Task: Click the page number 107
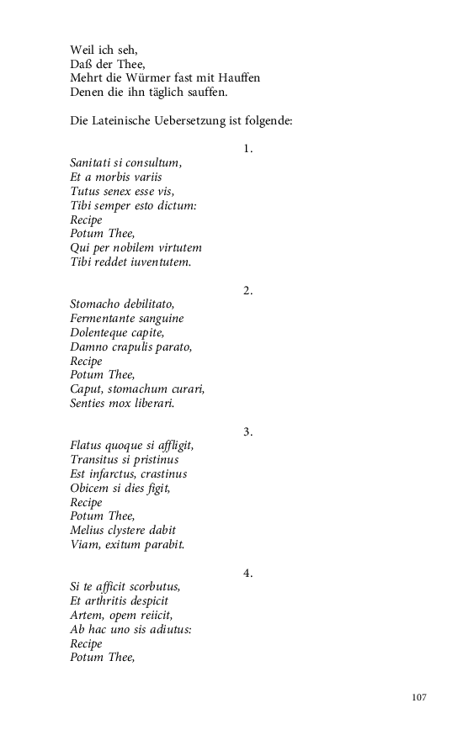tap(419, 697)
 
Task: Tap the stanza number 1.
tap(247, 149)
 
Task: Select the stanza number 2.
tap(247, 290)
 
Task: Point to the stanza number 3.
tap(247, 431)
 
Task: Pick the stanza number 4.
tap(247, 573)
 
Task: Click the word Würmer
tap(152, 77)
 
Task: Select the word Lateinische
tap(123, 120)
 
